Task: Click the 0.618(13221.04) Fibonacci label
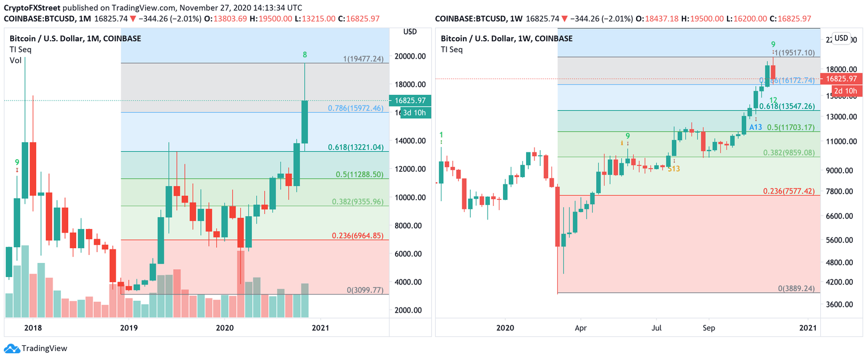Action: tap(356, 147)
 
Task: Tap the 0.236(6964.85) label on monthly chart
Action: tap(356, 235)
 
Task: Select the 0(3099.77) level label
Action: tap(365, 290)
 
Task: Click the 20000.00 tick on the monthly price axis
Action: tap(410, 56)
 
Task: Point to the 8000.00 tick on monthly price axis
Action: tap(410, 226)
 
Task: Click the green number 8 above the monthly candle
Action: tap(305, 55)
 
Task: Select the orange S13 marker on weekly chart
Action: tap(673, 168)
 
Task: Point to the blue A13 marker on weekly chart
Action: tap(756, 127)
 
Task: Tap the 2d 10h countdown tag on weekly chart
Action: tap(846, 91)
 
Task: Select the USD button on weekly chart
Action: tap(841, 38)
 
